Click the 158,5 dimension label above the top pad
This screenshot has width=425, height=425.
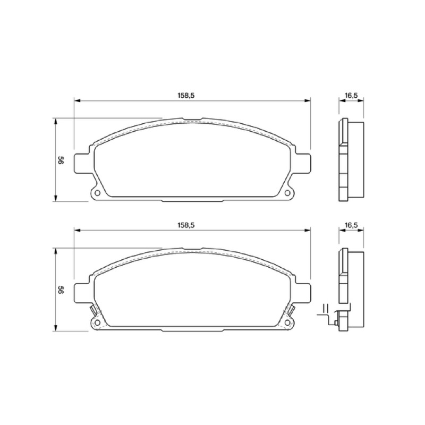coord(186,96)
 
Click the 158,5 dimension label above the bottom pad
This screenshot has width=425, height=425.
coord(186,225)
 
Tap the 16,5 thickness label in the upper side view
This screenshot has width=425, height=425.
coord(351,96)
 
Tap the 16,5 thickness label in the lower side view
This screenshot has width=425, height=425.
coord(351,225)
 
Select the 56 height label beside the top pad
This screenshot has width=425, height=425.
coord(61,160)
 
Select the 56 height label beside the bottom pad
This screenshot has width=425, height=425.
coord(61,290)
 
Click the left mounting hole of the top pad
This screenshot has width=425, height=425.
coord(97,193)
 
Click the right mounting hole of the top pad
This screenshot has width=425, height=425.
coord(287,193)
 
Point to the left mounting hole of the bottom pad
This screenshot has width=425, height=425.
coord(97,322)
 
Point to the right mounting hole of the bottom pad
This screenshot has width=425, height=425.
coord(287,322)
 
